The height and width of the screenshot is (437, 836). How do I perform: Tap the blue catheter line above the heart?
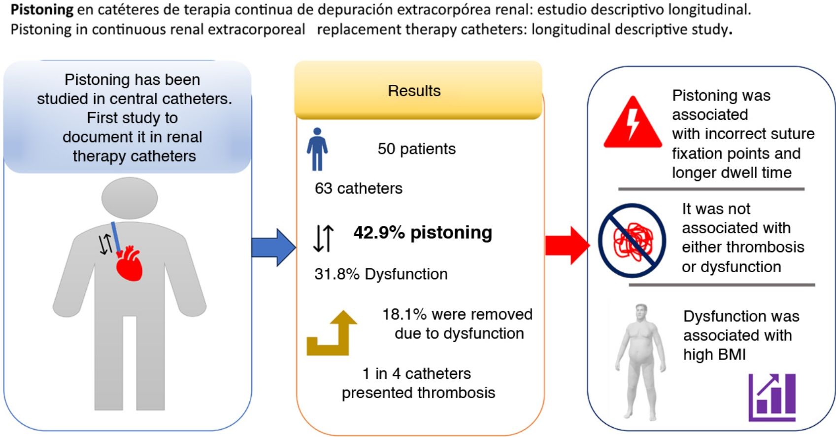(116, 237)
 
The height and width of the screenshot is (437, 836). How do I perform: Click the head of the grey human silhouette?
(130, 198)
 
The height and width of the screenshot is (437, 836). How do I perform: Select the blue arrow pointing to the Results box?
(274, 248)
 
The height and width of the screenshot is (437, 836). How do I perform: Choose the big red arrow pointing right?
(568, 246)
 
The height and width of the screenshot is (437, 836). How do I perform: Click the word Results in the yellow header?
(414, 91)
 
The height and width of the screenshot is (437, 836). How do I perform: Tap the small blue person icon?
(317, 149)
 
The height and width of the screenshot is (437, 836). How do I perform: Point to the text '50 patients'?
(416, 149)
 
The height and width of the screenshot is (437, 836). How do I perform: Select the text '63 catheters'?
(359, 188)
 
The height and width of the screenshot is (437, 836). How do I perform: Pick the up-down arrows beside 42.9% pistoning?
(323, 238)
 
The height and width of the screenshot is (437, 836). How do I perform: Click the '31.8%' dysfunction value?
(337, 274)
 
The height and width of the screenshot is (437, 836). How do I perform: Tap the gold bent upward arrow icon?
(332, 333)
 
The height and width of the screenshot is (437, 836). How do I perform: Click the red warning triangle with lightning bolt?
(633, 122)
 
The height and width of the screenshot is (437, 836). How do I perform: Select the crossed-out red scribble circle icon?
(633, 240)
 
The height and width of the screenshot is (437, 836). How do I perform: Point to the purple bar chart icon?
(772, 397)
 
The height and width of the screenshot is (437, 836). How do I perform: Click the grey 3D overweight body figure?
(640, 361)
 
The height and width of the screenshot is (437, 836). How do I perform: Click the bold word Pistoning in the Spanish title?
(42, 10)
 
